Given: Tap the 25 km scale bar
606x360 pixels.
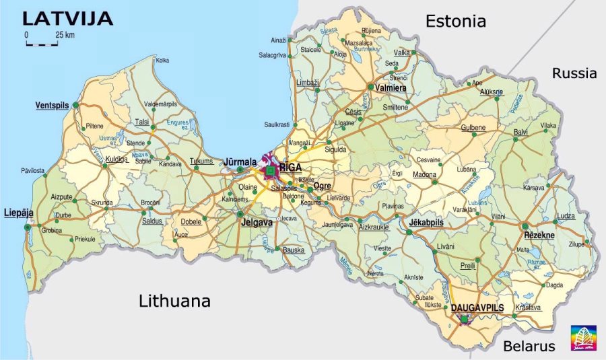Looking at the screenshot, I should (x=42, y=44).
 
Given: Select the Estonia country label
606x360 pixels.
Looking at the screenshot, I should (x=455, y=22).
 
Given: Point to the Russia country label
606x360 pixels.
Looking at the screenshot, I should (x=574, y=73).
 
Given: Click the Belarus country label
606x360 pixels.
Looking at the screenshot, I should (x=529, y=346).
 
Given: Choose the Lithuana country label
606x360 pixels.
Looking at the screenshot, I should (x=174, y=301).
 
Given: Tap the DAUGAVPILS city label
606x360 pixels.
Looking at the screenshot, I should (x=477, y=307).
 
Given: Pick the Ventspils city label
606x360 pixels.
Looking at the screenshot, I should (x=53, y=106).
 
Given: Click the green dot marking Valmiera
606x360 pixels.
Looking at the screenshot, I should (x=370, y=87).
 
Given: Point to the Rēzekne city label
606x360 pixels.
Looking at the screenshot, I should (x=539, y=236).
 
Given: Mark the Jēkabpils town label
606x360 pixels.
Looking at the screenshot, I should (x=426, y=222).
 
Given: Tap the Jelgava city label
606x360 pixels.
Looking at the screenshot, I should (x=257, y=222).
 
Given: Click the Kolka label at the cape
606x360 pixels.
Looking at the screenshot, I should (x=162, y=61).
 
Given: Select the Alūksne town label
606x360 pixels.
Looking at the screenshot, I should (x=490, y=92).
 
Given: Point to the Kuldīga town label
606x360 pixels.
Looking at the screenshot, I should (x=116, y=159).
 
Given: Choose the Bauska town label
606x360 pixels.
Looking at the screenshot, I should (x=294, y=250).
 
